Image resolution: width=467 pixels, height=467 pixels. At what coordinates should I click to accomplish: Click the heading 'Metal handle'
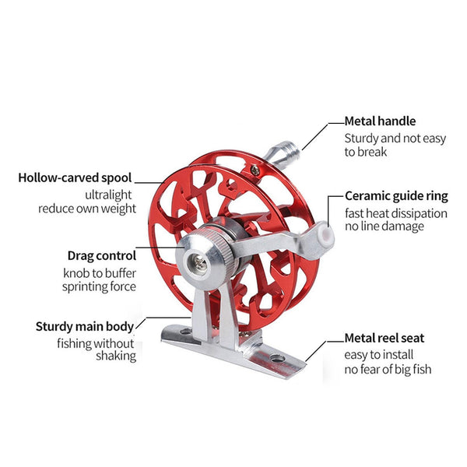coord(380,121)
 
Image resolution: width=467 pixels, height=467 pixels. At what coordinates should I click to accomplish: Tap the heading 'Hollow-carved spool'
coord(75,177)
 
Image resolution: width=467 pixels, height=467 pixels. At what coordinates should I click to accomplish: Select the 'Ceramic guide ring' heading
coord(396,196)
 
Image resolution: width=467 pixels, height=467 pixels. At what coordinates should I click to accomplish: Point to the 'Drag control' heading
coord(101,255)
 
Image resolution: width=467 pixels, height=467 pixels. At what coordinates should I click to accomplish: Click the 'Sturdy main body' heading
coord(85,327)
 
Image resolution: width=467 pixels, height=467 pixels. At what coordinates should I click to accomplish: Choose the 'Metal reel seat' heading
coord(384,339)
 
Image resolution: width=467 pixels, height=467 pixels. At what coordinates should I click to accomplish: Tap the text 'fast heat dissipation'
coord(396,212)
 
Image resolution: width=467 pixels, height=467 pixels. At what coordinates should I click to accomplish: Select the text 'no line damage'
coord(384,226)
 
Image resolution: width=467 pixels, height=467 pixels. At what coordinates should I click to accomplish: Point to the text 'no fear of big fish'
coord(388,369)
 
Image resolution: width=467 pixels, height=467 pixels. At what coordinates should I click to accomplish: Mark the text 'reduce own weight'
coord(87,209)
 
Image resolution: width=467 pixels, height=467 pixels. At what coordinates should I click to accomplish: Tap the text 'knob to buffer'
coord(100,272)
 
